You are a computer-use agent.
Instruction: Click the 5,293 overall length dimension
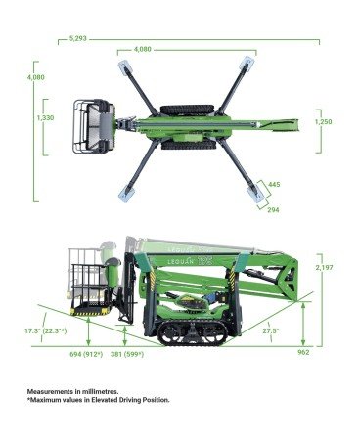coord(78,38)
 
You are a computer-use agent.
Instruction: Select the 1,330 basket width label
coord(45,118)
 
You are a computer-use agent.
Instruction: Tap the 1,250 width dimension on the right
coord(323,122)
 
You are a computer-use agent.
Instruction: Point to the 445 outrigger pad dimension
coord(274,185)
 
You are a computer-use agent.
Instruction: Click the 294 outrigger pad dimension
coord(273,210)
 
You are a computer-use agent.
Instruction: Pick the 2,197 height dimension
coord(324,267)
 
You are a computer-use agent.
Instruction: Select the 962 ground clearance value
coord(303,352)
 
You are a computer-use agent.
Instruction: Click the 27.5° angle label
coord(271,330)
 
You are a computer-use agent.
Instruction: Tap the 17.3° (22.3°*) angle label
coord(46,331)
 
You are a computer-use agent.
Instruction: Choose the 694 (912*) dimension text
coord(86,354)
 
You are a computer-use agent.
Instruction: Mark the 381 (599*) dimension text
coord(127,354)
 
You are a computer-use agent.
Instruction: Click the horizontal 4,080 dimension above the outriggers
coord(143,50)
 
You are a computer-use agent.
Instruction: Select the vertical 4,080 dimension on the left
coord(36,77)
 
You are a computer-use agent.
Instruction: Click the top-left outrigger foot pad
coord(125,67)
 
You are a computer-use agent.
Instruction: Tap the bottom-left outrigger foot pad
coord(125,195)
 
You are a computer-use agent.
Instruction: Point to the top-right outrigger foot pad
coord(247,64)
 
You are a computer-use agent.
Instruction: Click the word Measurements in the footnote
coord(50,391)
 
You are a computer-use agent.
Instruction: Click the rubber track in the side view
coord(193,333)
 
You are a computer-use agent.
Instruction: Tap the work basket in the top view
coord(94,126)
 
